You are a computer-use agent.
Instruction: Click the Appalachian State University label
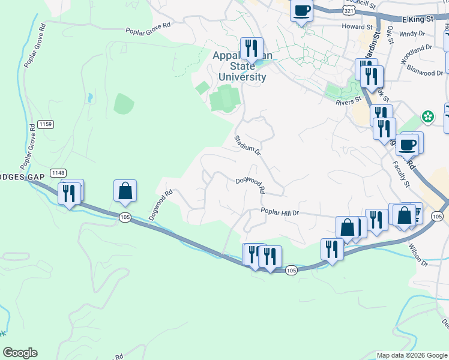242,67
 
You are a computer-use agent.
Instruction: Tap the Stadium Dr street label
247,145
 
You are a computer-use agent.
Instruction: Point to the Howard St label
357,27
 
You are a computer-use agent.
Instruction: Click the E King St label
418,20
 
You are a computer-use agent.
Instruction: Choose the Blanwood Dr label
424,73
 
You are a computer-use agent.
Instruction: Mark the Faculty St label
402,175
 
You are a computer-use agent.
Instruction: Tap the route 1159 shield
45,124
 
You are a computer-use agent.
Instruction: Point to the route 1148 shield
58,173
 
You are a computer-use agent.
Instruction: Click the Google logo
19,353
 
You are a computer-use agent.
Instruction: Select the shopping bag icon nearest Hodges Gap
125,191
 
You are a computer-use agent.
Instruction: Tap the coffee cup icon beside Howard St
302,10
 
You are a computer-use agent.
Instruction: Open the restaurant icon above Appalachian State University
252,48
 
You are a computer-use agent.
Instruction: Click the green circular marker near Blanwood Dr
428,115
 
